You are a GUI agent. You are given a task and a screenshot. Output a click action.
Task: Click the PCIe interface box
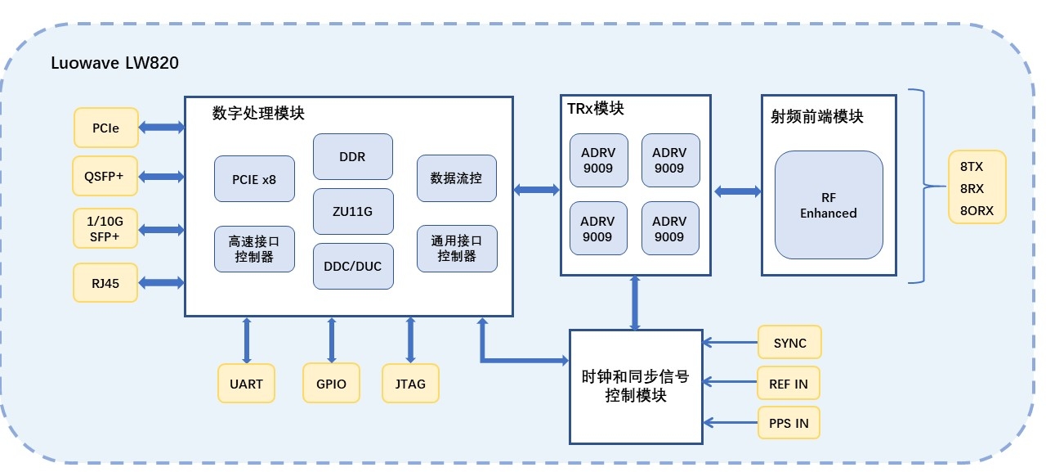point(106,128)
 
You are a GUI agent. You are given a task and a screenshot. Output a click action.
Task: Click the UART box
point(246,384)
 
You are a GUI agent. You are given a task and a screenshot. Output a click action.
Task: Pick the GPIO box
point(331,384)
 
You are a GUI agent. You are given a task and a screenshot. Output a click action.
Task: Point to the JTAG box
point(410,384)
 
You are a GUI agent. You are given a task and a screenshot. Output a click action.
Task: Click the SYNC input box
point(789,343)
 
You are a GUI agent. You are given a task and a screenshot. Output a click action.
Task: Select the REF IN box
point(789,383)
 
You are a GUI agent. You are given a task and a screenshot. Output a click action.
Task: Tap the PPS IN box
point(789,423)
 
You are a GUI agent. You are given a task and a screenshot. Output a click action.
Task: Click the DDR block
point(353,157)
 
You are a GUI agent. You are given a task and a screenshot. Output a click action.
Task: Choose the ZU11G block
point(353,212)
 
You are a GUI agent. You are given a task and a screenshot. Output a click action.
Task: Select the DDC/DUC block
point(353,266)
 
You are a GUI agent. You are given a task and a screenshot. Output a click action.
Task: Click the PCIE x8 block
point(254,179)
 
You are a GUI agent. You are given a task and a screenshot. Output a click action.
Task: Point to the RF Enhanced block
point(829,205)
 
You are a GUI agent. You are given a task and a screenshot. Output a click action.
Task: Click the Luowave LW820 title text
point(114,63)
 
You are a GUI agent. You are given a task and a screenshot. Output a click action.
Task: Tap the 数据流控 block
point(457,178)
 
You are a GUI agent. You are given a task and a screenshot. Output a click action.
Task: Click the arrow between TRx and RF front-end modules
point(738,191)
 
